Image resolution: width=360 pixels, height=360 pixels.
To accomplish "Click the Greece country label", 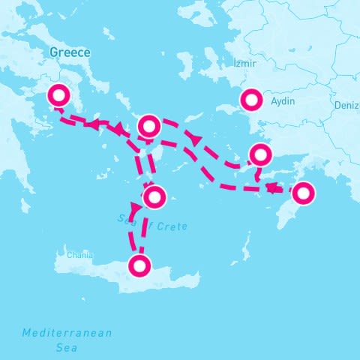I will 69,52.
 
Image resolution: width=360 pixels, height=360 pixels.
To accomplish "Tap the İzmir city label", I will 245,64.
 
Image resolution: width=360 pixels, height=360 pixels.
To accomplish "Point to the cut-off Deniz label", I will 346,105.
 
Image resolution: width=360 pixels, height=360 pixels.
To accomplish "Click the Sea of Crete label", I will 153,222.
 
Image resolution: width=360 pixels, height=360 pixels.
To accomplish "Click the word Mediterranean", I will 67,333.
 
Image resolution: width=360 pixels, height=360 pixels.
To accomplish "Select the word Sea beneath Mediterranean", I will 67,348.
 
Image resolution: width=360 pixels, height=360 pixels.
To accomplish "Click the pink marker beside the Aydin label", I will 250,99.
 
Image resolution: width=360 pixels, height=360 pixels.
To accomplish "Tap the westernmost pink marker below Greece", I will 58,96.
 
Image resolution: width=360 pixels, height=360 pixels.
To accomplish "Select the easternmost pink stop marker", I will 302,193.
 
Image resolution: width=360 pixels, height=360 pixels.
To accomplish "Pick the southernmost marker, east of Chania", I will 139,265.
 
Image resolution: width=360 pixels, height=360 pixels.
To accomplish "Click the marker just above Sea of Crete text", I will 154,197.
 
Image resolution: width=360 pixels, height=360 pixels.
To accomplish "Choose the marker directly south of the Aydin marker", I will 259,154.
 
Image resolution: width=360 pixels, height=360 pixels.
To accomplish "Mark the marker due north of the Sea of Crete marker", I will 148,125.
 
